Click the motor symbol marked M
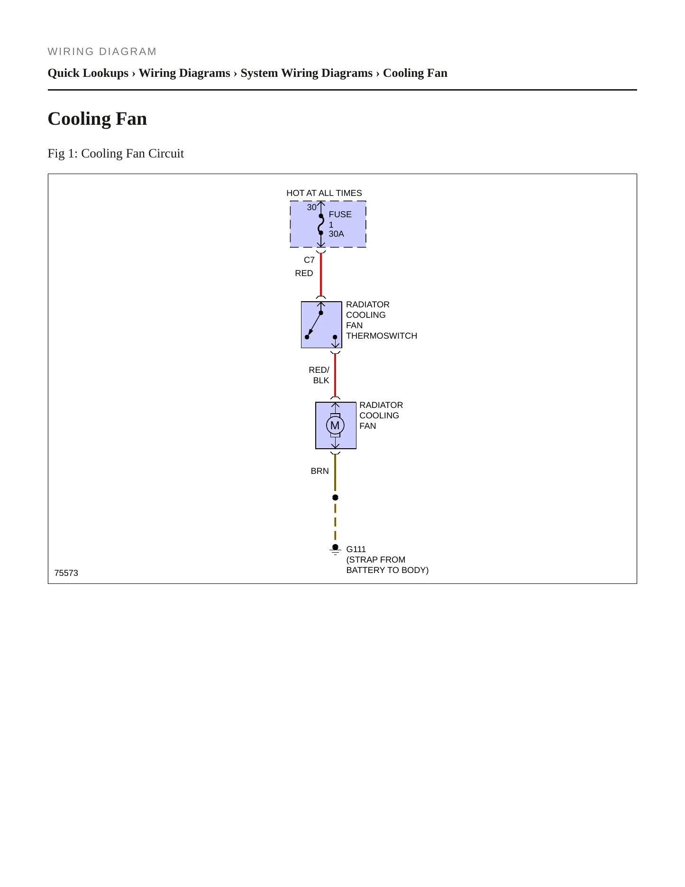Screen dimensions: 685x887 [x=335, y=425]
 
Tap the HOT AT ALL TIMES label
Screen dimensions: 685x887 [x=324, y=193]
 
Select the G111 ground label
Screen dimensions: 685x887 [x=356, y=549]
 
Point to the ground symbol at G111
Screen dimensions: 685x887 [x=335, y=550]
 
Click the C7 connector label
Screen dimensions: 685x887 [x=309, y=260]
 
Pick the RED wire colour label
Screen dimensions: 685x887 [x=304, y=273]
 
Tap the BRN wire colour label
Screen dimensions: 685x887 [x=320, y=471]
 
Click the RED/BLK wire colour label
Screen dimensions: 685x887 [x=319, y=375]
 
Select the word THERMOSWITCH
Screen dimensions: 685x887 [x=382, y=336]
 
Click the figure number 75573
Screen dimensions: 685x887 [x=66, y=573]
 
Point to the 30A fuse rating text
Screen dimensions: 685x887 [x=337, y=234]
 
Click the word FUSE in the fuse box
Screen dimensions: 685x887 [x=340, y=214]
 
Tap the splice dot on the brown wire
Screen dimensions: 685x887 [x=335, y=498]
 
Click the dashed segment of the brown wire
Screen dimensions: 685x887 [x=335, y=522]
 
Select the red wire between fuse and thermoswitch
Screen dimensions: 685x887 [x=321, y=274]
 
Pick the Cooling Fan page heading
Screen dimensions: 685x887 [x=97, y=119]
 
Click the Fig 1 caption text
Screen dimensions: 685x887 [x=116, y=153]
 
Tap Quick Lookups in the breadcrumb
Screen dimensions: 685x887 [x=88, y=73]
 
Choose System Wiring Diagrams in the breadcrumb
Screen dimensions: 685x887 [x=307, y=73]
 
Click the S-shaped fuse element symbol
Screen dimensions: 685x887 [x=321, y=224]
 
